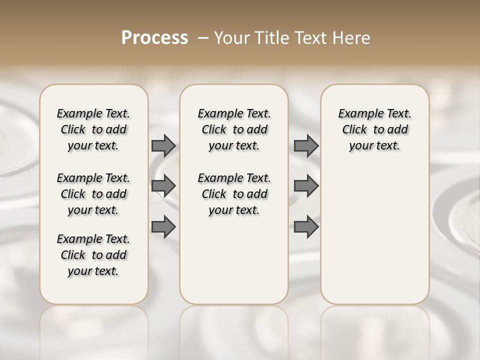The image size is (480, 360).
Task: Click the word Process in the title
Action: point(154,38)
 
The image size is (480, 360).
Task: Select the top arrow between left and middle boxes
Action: point(163,145)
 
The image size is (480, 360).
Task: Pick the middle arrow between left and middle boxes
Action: point(163,186)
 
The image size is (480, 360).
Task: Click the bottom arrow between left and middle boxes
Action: point(163,227)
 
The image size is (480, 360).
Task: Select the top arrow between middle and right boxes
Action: point(306,145)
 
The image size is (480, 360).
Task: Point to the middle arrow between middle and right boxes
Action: point(306,186)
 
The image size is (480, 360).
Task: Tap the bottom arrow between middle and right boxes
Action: point(306,227)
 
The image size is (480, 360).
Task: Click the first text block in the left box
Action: point(93,129)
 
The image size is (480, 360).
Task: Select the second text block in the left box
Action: point(93,194)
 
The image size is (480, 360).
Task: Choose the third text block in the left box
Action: point(93,255)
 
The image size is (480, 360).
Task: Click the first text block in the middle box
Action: point(234,129)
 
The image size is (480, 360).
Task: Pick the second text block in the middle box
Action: point(234,194)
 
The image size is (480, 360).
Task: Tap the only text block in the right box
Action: point(375,129)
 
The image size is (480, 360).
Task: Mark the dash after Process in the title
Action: point(203,38)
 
